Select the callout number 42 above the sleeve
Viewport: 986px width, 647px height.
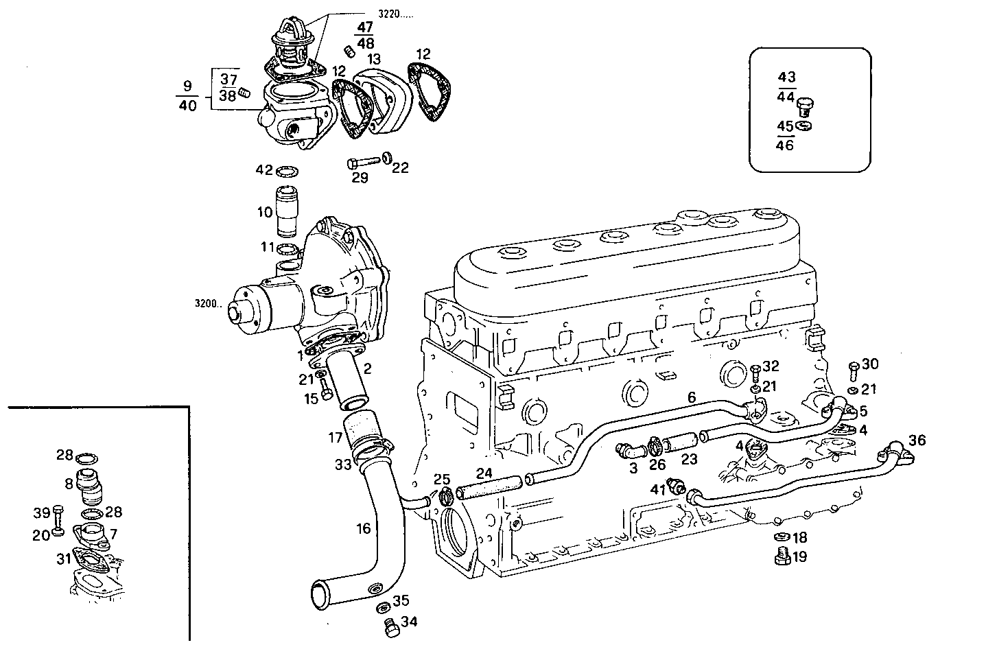pyautogui.click(x=264, y=169)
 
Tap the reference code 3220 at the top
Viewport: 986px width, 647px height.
pyautogui.click(x=395, y=14)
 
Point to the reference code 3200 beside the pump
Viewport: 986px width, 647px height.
pyautogui.click(x=207, y=303)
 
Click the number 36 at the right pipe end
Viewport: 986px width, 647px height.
pyautogui.click(x=917, y=440)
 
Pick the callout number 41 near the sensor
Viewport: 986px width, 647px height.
pyautogui.click(x=658, y=489)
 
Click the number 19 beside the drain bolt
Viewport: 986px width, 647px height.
pyautogui.click(x=799, y=556)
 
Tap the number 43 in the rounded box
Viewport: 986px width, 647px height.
pyautogui.click(x=786, y=78)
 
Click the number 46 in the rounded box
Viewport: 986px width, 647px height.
pyautogui.click(x=785, y=145)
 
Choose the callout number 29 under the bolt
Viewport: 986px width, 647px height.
pyautogui.click(x=360, y=178)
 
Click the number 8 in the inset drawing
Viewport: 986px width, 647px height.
pyautogui.click(x=69, y=484)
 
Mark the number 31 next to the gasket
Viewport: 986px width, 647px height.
pyautogui.click(x=64, y=559)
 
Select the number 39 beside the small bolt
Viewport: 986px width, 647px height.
pyautogui.click(x=42, y=512)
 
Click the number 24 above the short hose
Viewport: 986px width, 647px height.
pyautogui.click(x=484, y=473)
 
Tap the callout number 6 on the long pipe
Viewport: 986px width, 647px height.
pyautogui.click(x=692, y=397)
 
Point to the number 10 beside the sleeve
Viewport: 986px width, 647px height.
pyautogui.click(x=265, y=213)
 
